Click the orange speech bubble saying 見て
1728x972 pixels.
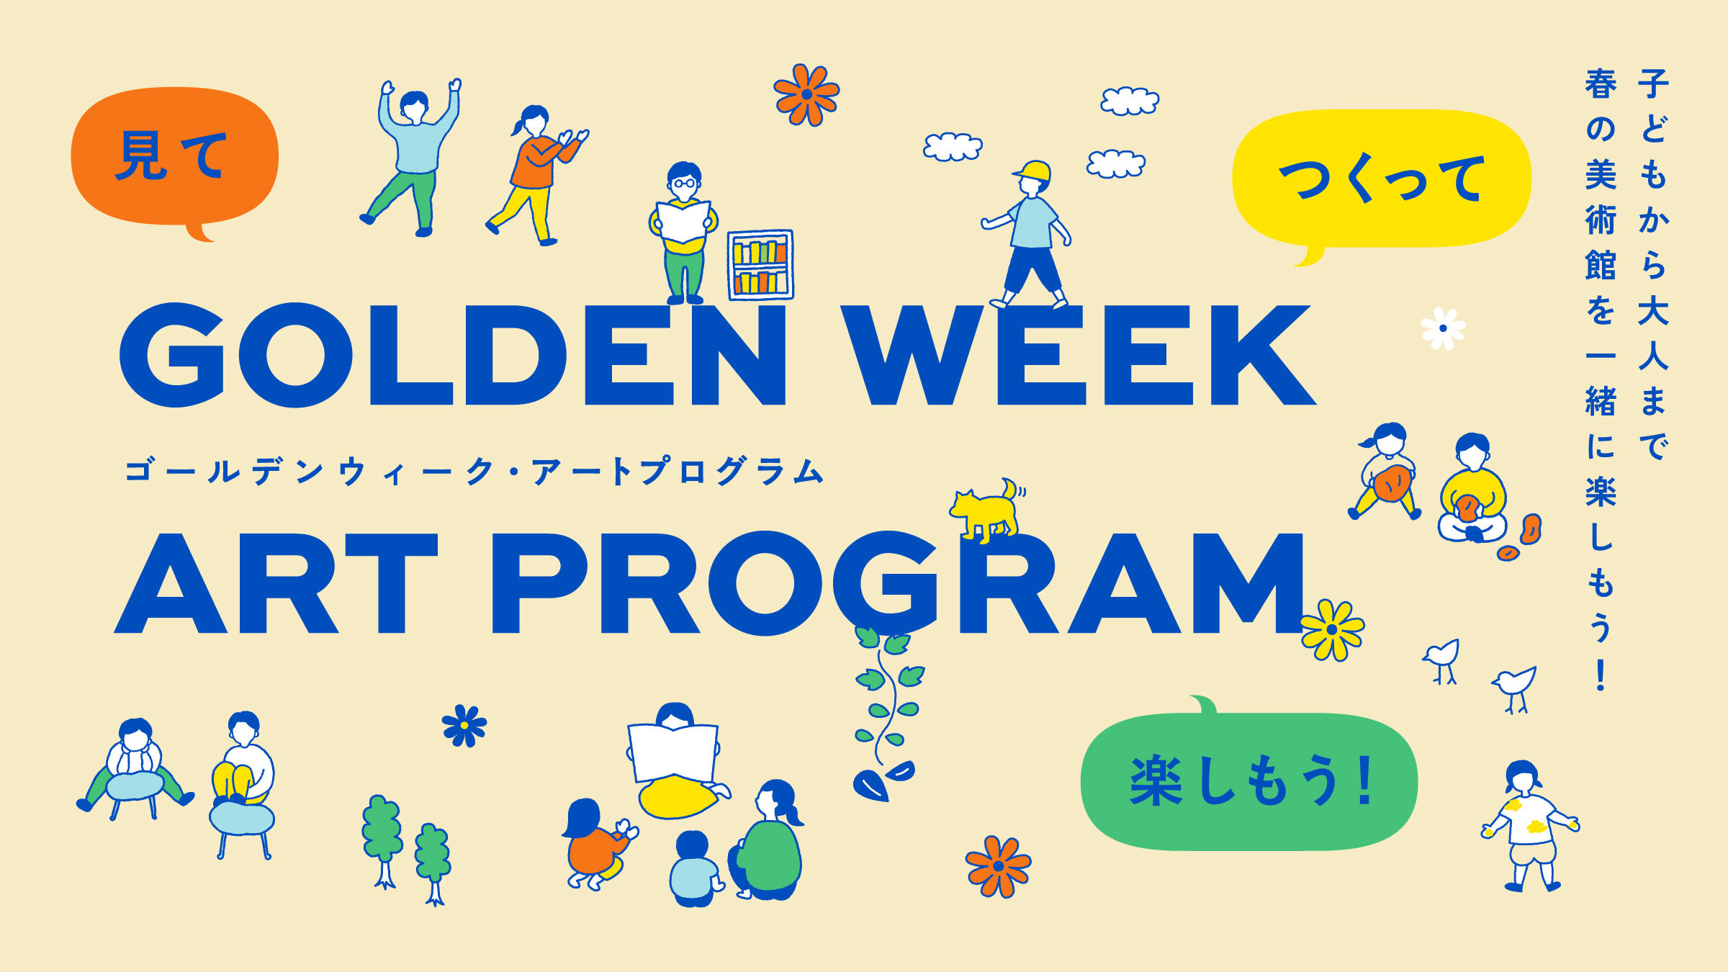pyautogui.click(x=174, y=157)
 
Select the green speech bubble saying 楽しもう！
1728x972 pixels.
pyautogui.click(x=1249, y=780)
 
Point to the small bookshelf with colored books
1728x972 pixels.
pyautogui.click(x=760, y=264)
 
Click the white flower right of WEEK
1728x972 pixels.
pyautogui.click(x=1443, y=329)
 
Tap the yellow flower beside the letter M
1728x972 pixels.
pyautogui.click(x=1332, y=630)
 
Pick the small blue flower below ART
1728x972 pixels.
pyautogui.click(x=464, y=725)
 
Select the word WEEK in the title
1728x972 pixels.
pyautogui.click(x=1078, y=355)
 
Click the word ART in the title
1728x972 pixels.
pyautogui.click(x=276, y=583)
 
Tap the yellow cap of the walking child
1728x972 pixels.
pyautogui.click(x=1032, y=172)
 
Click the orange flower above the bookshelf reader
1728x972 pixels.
pyautogui.click(x=806, y=94)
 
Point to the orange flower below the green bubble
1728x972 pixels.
pyautogui.click(x=998, y=866)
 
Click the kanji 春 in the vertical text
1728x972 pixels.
pyautogui.click(x=1601, y=84)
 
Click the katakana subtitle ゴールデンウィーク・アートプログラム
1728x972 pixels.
pyautogui.click(x=474, y=472)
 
